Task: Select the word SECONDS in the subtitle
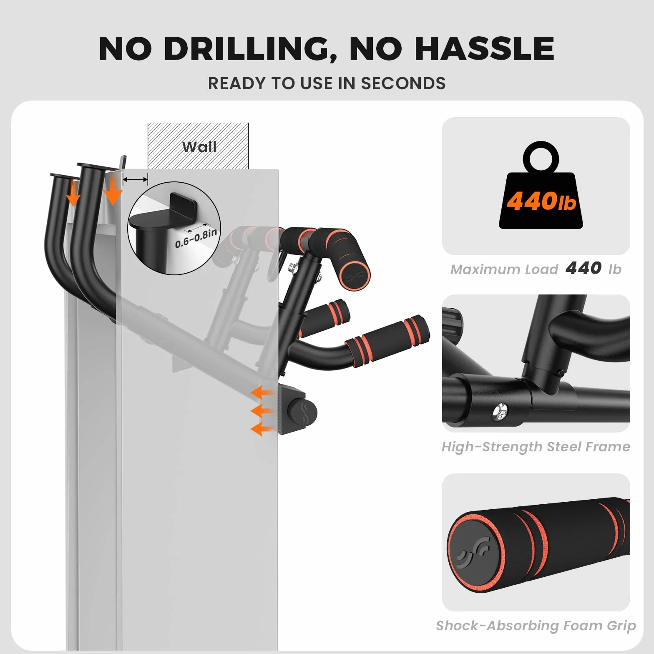point(403,83)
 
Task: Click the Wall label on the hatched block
point(199,147)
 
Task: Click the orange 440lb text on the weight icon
point(541,201)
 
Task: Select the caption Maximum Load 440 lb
point(536,269)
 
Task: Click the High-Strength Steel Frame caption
point(536,447)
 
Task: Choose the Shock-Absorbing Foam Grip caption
point(536,626)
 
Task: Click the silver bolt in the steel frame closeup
point(500,412)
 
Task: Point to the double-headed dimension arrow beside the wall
point(135,179)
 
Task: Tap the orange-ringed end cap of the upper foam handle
point(355,275)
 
